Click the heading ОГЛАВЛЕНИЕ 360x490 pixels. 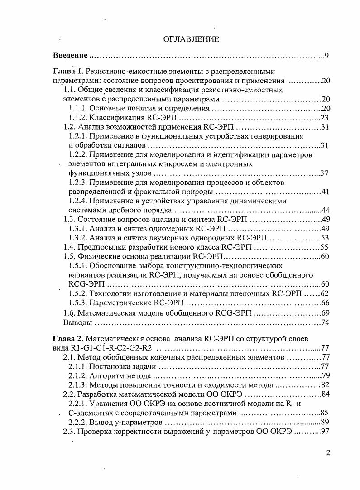pyautogui.click(x=191, y=39)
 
